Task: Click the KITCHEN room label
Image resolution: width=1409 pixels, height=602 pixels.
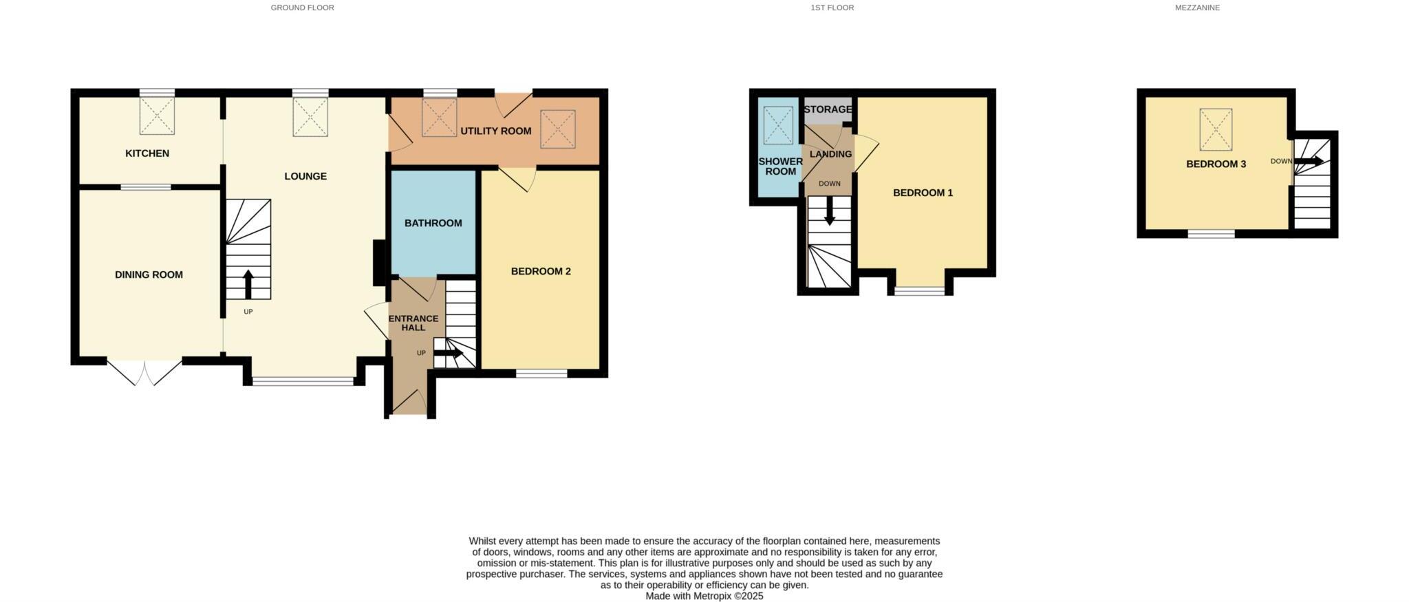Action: tap(147, 153)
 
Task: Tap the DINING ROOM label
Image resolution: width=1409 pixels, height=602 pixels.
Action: tap(149, 275)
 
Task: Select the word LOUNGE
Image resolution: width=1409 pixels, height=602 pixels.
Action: tap(305, 176)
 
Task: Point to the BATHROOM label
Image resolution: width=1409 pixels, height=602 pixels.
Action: tap(433, 223)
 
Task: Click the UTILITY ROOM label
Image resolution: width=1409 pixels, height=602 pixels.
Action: tap(495, 131)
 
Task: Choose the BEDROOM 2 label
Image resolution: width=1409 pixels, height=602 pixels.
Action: tap(541, 271)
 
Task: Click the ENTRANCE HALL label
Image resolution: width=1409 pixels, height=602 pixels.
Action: tap(413, 323)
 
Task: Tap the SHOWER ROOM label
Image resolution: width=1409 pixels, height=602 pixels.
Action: tap(780, 166)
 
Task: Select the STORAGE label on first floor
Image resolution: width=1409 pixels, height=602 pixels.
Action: tap(828, 109)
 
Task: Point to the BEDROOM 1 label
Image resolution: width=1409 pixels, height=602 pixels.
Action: tap(923, 193)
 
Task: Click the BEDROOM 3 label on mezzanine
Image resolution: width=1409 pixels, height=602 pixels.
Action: tap(1216, 164)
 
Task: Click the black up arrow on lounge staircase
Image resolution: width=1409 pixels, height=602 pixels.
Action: tap(248, 283)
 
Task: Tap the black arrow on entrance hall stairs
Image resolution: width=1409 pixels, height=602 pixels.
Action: tap(448, 353)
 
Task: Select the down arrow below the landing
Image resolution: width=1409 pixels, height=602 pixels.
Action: tap(830, 211)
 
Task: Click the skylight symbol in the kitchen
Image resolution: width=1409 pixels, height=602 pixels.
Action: tap(157, 116)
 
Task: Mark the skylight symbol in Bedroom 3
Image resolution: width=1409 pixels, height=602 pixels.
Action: tap(1216, 129)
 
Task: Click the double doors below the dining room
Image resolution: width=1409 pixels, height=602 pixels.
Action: tap(144, 372)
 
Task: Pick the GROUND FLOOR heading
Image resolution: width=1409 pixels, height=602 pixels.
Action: tap(302, 8)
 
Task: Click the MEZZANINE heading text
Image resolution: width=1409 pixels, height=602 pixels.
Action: tap(1197, 8)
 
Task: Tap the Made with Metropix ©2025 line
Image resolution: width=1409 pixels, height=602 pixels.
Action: tap(704, 596)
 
